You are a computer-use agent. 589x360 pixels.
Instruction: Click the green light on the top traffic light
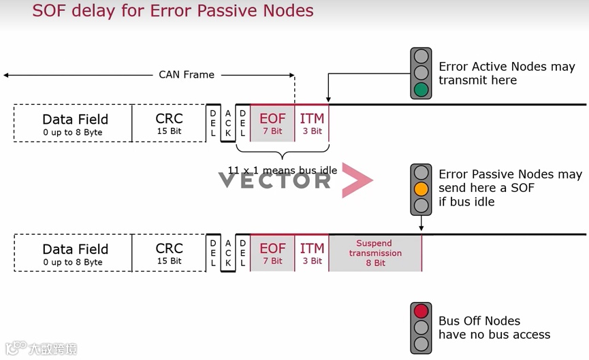pyautogui.click(x=421, y=89)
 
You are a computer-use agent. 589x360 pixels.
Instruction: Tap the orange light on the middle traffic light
pyautogui.click(x=421, y=189)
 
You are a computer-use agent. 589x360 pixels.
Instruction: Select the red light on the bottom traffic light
pyautogui.click(x=421, y=312)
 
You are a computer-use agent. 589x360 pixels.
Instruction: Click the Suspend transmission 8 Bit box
pyautogui.click(x=375, y=253)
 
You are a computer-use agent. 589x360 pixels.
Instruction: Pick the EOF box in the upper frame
pyautogui.click(x=272, y=122)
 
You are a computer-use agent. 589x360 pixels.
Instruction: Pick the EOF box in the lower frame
pyautogui.click(x=272, y=253)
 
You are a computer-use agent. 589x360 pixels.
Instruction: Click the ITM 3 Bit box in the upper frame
pyautogui.click(x=312, y=122)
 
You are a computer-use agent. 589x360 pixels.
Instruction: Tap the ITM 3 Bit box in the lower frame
pyautogui.click(x=312, y=253)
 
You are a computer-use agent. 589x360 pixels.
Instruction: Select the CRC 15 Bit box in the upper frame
pyautogui.click(x=169, y=123)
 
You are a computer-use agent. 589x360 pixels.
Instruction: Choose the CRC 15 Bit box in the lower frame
pyautogui.click(x=169, y=253)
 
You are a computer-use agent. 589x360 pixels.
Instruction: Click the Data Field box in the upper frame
pyautogui.click(x=75, y=123)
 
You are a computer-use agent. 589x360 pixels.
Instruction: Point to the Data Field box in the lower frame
pyautogui.click(x=75, y=253)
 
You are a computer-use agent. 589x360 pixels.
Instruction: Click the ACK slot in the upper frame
pyautogui.click(x=228, y=123)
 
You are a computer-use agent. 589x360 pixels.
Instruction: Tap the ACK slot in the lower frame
pyautogui.click(x=228, y=253)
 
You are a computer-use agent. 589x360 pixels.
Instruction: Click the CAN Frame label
pyautogui.click(x=187, y=74)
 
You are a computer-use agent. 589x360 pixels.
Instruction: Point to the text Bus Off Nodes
pyautogui.click(x=479, y=321)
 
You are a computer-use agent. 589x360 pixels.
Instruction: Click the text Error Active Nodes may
pyautogui.click(x=507, y=67)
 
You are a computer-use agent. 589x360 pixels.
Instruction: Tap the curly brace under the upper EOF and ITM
pyautogui.click(x=283, y=153)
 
